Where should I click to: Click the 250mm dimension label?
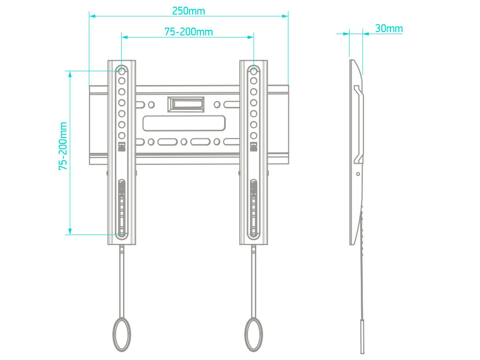[189, 11]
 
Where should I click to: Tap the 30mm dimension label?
[389, 29]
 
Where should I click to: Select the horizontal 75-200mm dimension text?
[189, 32]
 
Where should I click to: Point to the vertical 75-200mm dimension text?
[63, 146]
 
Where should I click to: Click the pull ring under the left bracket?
[122, 334]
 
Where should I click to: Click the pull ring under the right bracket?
[254, 334]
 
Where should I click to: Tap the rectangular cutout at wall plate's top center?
[186, 104]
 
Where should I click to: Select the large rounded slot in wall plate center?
[184, 123]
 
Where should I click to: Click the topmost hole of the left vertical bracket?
[122, 70]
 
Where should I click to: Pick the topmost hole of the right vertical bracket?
[253, 70]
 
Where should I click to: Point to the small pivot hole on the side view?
[358, 174]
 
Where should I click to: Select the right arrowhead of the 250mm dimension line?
[285, 16]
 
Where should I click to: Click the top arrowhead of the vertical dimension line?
[70, 74]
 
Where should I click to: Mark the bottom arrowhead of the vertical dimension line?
[70, 231]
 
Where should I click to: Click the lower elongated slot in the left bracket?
[122, 209]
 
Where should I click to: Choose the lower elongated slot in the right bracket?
[254, 209]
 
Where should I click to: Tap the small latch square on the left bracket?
[122, 147]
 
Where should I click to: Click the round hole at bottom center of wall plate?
[184, 142]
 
